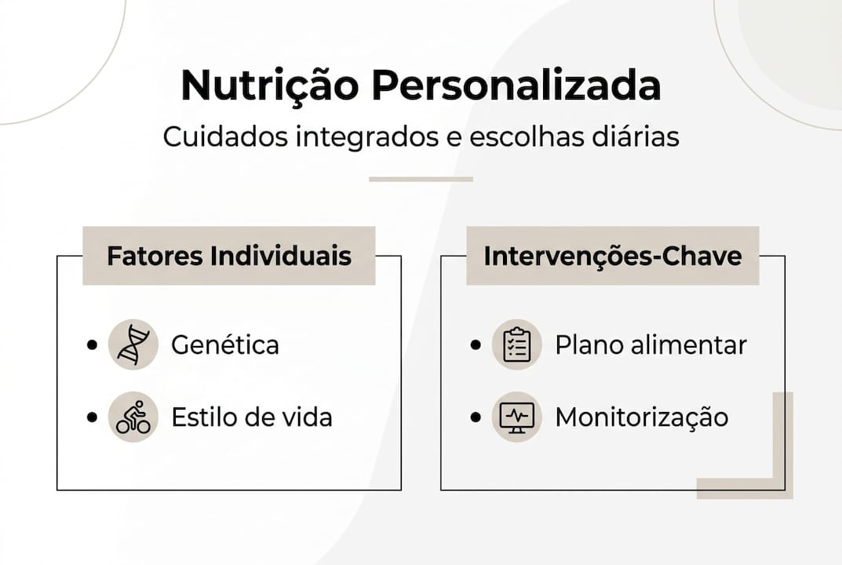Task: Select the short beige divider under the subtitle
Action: tap(421, 179)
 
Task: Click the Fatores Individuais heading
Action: tap(229, 256)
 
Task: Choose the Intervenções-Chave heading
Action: tap(612, 256)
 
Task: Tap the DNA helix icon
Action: tap(133, 344)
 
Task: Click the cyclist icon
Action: tap(133, 417)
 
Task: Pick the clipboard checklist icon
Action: tap(516, 344)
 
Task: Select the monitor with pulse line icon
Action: tap(516, 417)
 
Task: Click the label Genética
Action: tap(225, 344)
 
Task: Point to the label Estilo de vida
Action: tap(252, 417)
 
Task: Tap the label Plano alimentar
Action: tap(651, 344)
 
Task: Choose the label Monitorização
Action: tap(641, 417)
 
